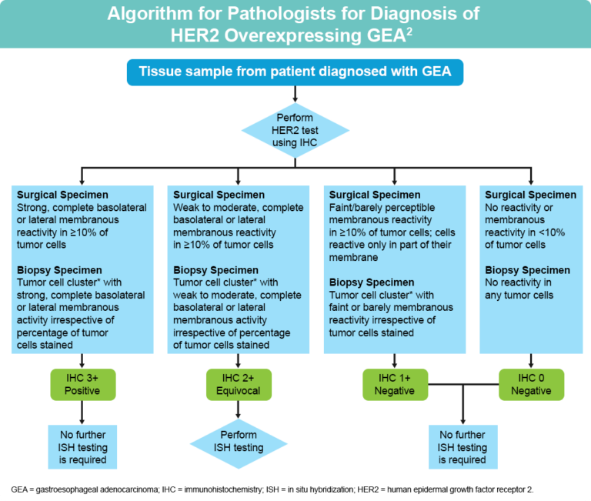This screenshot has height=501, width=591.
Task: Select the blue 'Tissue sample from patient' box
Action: pos(295,72)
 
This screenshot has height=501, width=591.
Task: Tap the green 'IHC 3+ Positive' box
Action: pos(82,383)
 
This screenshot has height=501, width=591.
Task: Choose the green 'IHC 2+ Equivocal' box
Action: pos(238,383)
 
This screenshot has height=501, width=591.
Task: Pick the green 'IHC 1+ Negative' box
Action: pos(395,383)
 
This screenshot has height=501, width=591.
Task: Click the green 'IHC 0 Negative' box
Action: pos(531,383)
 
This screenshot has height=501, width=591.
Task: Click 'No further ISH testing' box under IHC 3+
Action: pos(82,446)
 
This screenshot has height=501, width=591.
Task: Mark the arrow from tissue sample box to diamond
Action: pos(295,94)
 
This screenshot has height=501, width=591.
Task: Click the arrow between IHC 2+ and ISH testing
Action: pos(238,409)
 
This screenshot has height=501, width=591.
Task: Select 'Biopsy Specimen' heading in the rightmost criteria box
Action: pos(528,270)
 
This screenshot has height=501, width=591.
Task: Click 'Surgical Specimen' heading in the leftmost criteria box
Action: pos(62,195)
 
